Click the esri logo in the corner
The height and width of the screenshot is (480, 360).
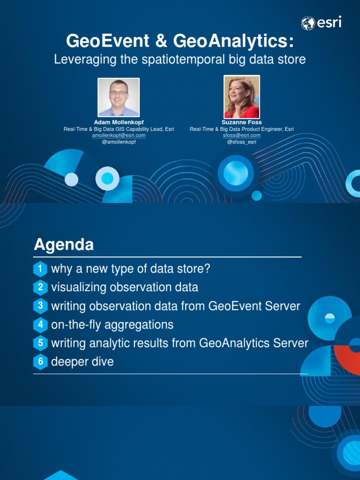(x=321, y=22)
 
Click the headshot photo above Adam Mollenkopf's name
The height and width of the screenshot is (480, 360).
(x=119, y=97)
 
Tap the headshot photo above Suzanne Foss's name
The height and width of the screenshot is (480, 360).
(x=242, y=97)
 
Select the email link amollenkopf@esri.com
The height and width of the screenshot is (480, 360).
(x=119, y=135)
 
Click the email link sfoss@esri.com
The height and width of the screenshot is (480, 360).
(x=242, y=135)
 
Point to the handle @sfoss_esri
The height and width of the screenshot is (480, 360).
(x=242, y=142)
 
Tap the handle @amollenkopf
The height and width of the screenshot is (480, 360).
(x=119, y=142)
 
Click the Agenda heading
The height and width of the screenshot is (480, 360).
(x=64, y=245)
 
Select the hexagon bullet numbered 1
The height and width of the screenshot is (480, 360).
(x=41, y=269)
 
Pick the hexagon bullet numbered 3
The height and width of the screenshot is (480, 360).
(x=41, y=306)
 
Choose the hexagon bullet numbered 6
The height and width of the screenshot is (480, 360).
(x=41, y=362)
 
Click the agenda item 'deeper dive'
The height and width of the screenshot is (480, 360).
(x=82, y=362)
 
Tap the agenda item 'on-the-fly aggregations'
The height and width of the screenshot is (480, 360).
(x=112, y=324)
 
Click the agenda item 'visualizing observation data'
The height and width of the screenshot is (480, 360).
(x=124, y=287)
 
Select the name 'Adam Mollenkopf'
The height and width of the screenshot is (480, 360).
(x=119, y=122)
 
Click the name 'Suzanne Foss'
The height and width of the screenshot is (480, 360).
(x=242, y=122)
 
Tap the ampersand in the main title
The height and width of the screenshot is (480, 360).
(x=162, y=41)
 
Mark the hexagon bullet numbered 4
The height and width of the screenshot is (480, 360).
(x=41, y=324)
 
